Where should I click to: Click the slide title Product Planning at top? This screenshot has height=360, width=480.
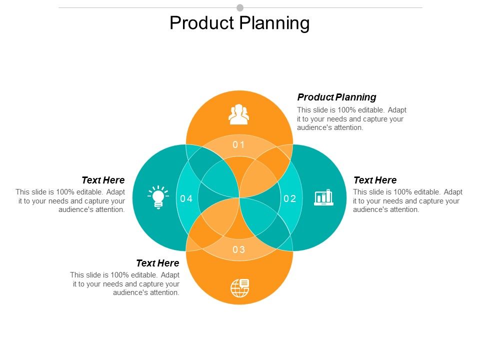(x=239, y=23)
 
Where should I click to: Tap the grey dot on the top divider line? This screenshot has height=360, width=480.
(x=240, y=7)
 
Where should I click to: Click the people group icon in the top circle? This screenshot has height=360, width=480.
(x=239, y=114)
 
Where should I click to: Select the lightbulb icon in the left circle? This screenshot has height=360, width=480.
(x=158, y=197)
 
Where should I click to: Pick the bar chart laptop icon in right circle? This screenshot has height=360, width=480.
(x=323, y=197)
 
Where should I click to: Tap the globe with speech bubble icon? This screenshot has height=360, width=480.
(x=239, y=287)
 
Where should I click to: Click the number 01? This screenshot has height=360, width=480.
(x=239, y=145)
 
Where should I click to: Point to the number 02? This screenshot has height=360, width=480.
(x=290, y=198)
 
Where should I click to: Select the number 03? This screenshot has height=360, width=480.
(x=239, y=250)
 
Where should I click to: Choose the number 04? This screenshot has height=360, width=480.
(x=186, y=199)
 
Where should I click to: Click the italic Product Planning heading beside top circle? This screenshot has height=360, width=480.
(x=336, y=97)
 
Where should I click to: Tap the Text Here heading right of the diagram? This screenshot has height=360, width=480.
(x=374, y=180)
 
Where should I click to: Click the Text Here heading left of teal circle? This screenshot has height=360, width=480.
(x=103, y=180)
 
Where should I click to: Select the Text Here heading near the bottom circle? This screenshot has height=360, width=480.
(x=157, y=263)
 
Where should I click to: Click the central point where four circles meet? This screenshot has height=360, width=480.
(x=239, y=198)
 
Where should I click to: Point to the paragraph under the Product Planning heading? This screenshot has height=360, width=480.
(x=351, y=119)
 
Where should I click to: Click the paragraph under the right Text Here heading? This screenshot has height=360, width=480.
(x=407, y=201)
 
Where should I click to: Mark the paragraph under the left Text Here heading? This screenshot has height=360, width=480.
(x=70, y=201)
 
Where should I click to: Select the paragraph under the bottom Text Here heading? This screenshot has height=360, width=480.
(x=125, y=284)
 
